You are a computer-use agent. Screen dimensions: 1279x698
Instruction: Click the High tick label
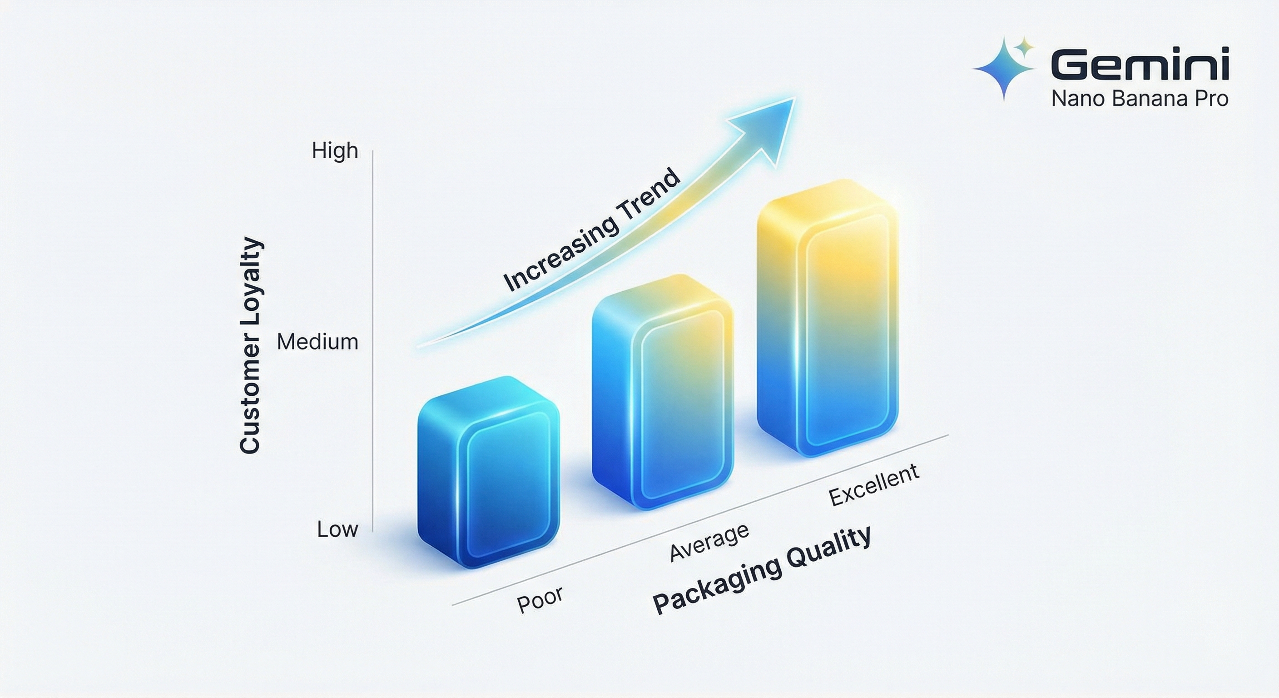335,150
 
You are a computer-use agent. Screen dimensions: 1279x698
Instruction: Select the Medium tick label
318,342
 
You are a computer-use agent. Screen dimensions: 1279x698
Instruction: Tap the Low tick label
337,529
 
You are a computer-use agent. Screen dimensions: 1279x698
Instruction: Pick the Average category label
709,543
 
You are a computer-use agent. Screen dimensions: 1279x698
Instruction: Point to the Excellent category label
874,485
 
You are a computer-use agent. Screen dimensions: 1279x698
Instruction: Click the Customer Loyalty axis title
250,345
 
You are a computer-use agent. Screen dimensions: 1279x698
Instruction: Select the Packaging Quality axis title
762,570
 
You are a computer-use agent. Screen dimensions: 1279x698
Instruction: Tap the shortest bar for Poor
489,472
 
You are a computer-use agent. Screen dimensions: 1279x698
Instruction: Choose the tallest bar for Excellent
828,318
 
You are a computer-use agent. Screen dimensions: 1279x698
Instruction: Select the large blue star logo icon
1003,69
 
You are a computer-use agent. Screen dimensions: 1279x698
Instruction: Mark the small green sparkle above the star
1023,47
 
